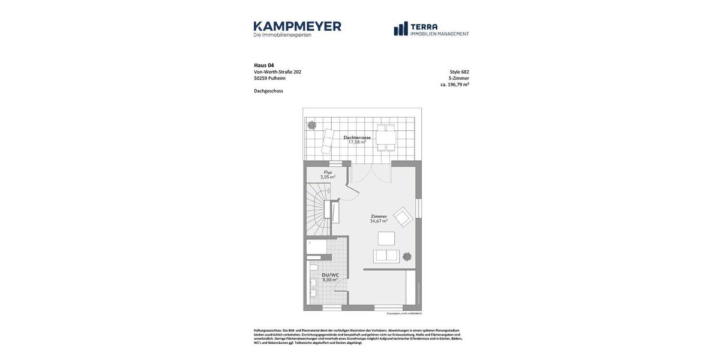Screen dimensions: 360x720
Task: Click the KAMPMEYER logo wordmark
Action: coord(297,26)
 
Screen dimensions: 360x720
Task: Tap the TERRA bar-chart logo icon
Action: coord(401,29)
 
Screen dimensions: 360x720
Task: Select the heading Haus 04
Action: coord(264,65)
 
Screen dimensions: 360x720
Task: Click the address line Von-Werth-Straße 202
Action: coord(277,72)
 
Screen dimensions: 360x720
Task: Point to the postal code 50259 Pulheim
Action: coord(269,79)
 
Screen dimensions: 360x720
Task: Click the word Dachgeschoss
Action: coord(268,91)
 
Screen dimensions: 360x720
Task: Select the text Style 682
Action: coord(459,72)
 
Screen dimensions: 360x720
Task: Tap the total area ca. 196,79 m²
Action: coord(454,85)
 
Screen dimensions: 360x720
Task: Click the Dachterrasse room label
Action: coord(357,137)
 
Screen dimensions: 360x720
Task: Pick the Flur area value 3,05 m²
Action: coord(328,178)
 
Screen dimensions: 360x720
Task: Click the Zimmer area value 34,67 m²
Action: coord(379,221)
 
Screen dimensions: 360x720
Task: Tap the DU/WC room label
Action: coord(330,275)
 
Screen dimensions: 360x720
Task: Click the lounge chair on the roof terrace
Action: coord(328,142)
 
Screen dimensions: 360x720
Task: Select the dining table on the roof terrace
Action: coord(386,137)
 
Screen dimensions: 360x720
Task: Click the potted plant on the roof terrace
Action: coord(312,125)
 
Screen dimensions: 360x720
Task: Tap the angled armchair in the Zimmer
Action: coord(403,217)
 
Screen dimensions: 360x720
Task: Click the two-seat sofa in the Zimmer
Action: coord(386,256)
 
